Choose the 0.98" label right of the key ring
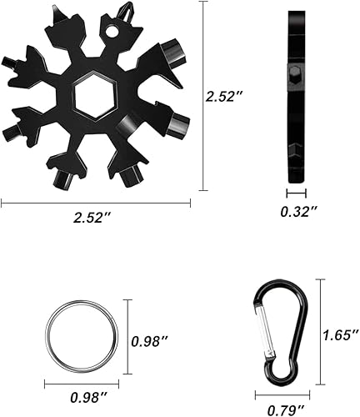click(150, 340)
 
